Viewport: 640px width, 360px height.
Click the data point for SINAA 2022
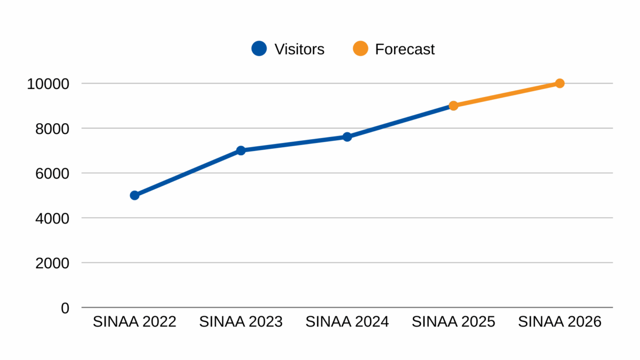[134, 195]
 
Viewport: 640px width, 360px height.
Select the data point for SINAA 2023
[241, 150]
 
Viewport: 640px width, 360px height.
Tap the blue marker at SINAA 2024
[347, 137]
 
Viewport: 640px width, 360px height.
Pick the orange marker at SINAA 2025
[453, 106]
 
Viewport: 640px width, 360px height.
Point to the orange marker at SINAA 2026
[559, 83]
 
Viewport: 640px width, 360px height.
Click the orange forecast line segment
[507, 94]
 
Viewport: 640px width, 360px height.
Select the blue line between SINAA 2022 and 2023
[187, 173]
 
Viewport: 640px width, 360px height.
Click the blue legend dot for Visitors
[259, 49]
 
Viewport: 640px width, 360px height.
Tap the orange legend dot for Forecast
[361, 49]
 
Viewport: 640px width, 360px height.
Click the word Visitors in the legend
[299, 49]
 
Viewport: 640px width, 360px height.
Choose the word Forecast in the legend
[405, 49]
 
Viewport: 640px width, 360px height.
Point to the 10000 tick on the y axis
[49, 84]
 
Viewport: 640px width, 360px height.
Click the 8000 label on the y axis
[52, 129]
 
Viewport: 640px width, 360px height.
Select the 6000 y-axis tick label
[52, 173]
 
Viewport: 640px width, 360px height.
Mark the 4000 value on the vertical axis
[52, 218]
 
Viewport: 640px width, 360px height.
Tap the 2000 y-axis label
[52, 263]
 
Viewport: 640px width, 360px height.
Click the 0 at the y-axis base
[65, 308]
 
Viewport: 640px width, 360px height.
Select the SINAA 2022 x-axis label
[134, 322]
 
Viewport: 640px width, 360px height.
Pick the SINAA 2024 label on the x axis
[347, 322]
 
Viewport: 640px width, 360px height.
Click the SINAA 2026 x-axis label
[559, 322]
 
